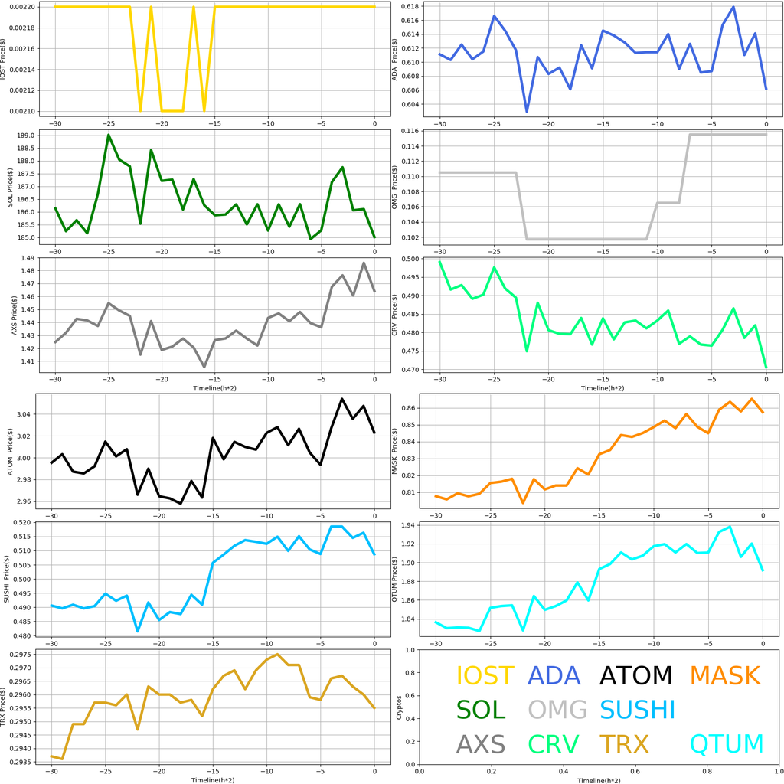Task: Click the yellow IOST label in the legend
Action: click(485, 675)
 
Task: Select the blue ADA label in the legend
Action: click(557, 675)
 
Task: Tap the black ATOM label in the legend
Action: click(635, 675)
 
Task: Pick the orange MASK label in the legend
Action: click(724, 675)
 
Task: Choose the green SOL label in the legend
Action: click(481, 710)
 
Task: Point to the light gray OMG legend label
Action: click(557, 710)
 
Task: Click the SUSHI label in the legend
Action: click(637, 710)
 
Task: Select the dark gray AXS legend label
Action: click(481, 743)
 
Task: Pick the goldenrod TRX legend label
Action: click(624, 743)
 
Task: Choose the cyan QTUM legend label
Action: click(727, 743)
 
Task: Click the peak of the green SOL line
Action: click(109, 135)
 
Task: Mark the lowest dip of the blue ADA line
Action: click(527, 112)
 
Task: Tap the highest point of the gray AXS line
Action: click(364, 263)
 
